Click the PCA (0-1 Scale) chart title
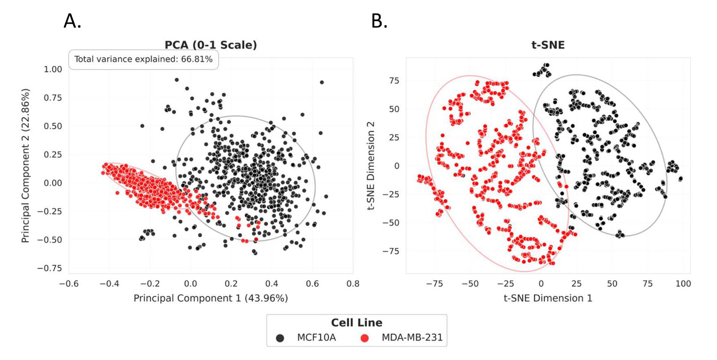[210, 45]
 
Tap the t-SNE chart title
[548, 45]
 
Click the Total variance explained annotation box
[143, 59]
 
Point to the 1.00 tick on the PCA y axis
[53, 69]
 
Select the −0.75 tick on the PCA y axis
[50, 268]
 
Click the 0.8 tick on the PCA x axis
[353, 284]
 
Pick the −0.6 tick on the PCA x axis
[69, 284]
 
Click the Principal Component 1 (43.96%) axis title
[210, 298]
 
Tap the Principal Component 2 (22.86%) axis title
[25, 165]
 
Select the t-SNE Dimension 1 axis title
[548, 298]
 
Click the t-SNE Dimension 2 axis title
[371, 165]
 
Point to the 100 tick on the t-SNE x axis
[683, 284]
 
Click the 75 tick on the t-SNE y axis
[394, 80]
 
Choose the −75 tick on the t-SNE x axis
[434, 284]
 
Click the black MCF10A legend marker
[280, 338]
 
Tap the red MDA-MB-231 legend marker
[364, 338]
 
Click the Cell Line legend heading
[356, 323]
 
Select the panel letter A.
[72, 21]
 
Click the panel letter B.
[379, 21]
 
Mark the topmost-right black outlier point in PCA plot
[322, 82]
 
